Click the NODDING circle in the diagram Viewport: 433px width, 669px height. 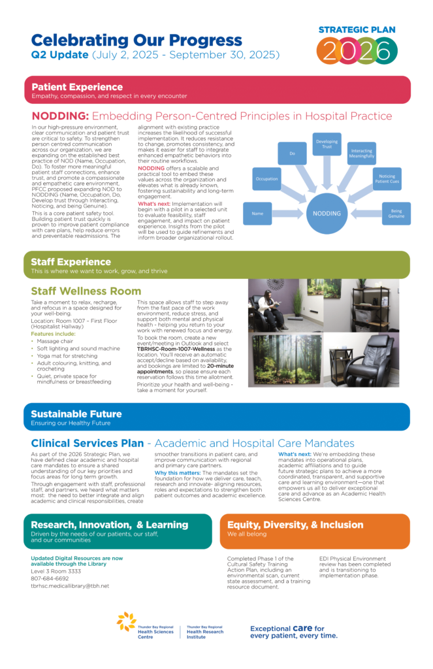pyautogui.click(x=327, y=213)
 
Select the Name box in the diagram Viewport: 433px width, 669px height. pyautogui.click(x=257, y=213)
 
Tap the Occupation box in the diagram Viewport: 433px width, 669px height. pyautogui.click(x=266, y=178)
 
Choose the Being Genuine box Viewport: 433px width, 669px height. pyautogui.click(x=396, y=213)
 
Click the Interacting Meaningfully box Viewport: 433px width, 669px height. pyautogui.click(x=361, y=153)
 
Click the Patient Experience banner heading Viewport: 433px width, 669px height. pyautogui.click(x=77, y=87)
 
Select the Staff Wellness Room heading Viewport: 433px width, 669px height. pyautogui.click(x=86, y=291)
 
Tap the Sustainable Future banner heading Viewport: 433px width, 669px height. pyautogui.click(x=76, y=414)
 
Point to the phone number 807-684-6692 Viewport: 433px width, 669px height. pyautogui.click(x=50, y=578)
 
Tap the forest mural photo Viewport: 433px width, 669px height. pyautogui.click(x=285, y=360)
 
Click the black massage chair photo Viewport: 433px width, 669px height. pyautogui.click(x=361, y=360)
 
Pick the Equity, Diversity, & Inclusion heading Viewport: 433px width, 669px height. pyautogui.click(x=295, y=525)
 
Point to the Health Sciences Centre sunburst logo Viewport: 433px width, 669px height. pyautogui.click(x=126, y=622)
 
